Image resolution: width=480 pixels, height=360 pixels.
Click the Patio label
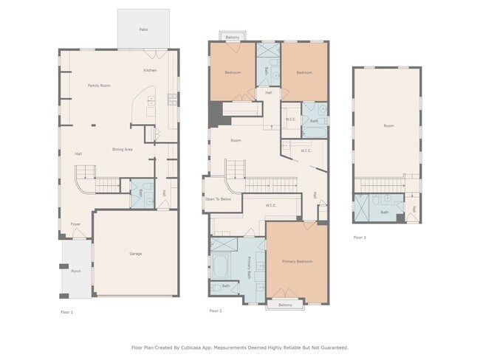[143, 30]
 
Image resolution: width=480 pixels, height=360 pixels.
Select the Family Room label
[99, 86]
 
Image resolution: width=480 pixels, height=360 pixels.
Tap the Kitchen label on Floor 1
[150, 70]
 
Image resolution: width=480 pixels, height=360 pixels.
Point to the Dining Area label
[122, 150]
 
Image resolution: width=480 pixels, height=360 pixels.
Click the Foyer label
[75, 224]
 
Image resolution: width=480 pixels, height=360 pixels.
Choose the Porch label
[75, 271]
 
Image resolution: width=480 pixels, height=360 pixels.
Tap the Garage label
[136, 254]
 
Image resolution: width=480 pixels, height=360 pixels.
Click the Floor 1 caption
[66, 312]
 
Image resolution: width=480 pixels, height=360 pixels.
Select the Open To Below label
[218, 199]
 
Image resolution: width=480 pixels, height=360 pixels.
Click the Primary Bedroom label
[297, 261]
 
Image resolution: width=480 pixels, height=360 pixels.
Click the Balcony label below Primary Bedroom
[285, 305]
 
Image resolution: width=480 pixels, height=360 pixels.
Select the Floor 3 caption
[360, 238]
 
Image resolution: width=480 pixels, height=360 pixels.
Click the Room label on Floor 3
[388, 126]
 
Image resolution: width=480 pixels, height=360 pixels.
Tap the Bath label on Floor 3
[385, 212]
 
